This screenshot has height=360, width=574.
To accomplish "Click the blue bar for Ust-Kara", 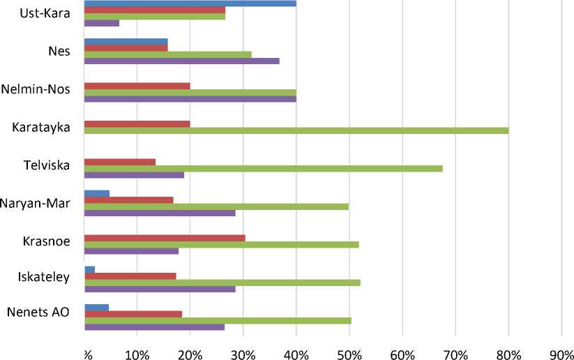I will coord(190,3).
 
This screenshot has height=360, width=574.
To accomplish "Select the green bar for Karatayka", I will coord(296,130).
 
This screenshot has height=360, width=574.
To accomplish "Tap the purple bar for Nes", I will coord(181,61).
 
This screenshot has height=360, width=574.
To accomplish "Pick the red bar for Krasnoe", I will coord(165,238).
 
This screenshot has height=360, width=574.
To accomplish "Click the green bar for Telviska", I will coord(263,168).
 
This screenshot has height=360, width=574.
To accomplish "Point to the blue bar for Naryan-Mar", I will coord(97,193).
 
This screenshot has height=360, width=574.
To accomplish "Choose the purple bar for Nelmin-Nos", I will coord(190,99).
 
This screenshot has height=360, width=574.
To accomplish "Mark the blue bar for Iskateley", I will coord(89,269).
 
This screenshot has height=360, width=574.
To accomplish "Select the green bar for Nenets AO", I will coord(218,320).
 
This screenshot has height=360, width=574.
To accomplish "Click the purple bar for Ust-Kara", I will coord(101,23).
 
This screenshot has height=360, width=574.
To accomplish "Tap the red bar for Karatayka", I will coord(137,124).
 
